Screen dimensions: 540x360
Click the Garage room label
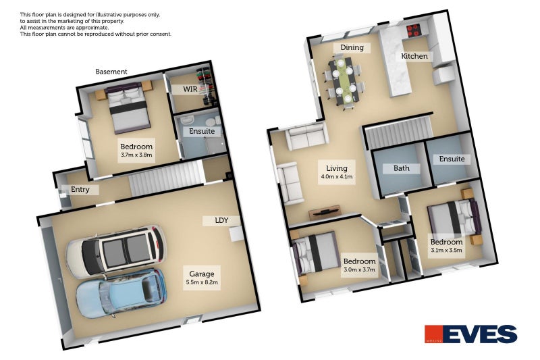[202, 274]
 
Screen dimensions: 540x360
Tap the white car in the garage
[116, 251]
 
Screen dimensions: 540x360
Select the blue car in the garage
[122, 294]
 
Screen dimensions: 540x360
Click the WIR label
[190, 89]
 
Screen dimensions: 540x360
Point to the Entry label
[80, 190]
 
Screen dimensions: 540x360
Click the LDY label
[221, 220]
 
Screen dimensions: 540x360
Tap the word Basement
[111, 72]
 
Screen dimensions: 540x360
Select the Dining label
[352, 47]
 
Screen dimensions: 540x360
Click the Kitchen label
[414, 56]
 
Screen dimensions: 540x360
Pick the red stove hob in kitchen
[413, 30]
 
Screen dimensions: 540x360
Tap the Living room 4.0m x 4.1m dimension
[336, 177]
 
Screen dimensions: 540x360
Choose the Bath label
[402, 168]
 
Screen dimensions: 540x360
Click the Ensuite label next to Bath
[452, 159]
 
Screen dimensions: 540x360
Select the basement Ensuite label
[202, 131]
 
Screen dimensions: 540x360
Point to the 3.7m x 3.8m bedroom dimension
[136, 155]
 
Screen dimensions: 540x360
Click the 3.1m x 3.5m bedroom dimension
[446, 251]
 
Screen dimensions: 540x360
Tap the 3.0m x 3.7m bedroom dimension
[359, 269]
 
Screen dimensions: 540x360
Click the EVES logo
[470, 334]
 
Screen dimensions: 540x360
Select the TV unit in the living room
[325, 212]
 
